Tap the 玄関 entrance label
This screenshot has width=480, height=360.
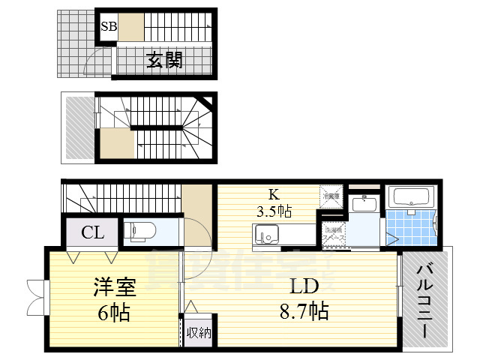pos(163,60)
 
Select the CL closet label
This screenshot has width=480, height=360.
pos(93,232)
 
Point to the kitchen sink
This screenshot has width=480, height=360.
pos(266,237)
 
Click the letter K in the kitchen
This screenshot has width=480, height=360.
pos(274,193)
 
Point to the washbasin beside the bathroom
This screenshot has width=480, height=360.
pos(367,203)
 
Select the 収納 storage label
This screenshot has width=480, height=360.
pos(199,331)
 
